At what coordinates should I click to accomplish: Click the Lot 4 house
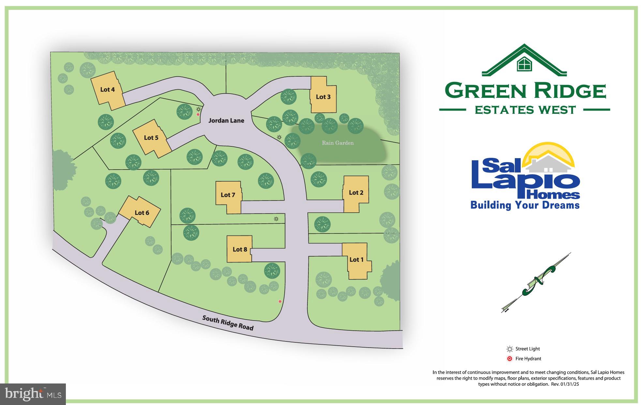tap(107, 90)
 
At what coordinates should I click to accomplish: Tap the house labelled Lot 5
tap(151, 138)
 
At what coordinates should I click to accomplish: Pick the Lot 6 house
tap(140, 212)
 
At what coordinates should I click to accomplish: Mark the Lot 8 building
tap(240, 249)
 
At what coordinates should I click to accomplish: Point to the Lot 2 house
tap(356, 193)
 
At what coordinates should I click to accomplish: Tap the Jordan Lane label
tap(226, 121)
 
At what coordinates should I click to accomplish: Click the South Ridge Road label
tap(228, 323)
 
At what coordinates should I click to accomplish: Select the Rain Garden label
tap(338, 143)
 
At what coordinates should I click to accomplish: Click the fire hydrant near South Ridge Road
tap(280, 302)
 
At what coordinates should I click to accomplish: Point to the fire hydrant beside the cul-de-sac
tap(198, 114)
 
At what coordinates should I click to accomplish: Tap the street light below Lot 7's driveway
tap(276, 219)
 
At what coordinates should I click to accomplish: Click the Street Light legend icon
tap(510, 349)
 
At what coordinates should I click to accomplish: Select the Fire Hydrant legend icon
tap(510, 359)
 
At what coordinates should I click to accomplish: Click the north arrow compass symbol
tap(536, 282)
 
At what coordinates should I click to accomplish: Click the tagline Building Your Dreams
tap(525, 205)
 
